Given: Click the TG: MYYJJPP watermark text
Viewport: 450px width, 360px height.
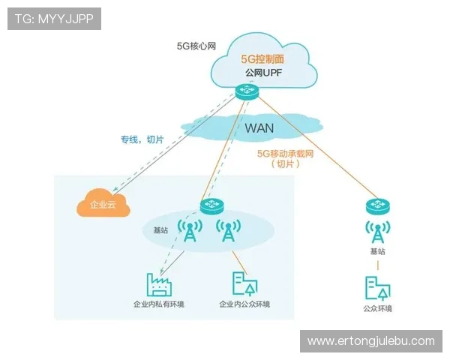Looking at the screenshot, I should (x=54, y=19).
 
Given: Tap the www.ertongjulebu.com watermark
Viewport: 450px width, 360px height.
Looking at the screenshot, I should (x=370, y=341).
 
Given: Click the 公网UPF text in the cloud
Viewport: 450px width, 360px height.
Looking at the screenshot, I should (x=262, y=73).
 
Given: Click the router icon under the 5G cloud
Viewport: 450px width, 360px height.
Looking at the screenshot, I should (x=245, y=92).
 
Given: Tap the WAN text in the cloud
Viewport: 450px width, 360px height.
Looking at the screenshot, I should (x=259, y=127).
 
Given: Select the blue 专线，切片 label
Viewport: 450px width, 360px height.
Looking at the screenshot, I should (x=142, y=139).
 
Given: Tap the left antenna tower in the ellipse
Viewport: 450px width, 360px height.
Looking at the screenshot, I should (x=189, y=232).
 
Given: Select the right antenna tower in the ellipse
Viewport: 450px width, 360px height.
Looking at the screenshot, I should (x=227, y=232).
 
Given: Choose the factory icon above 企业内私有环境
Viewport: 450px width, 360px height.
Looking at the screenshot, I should (x=159, y=283).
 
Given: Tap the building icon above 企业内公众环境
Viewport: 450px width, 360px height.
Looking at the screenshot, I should (x=244, y=283).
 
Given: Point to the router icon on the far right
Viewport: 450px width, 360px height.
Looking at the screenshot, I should (x=378, y=205).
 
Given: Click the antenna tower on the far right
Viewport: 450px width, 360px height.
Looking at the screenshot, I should (x=378, y=231).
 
